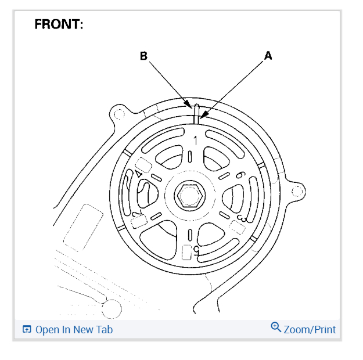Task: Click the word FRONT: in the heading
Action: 59,24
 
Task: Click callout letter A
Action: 268,56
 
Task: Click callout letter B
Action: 144,56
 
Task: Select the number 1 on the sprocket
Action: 196,140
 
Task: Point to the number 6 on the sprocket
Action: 239,175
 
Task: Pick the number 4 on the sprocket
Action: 138,173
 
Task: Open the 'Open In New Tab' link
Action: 74,330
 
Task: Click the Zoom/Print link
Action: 310,330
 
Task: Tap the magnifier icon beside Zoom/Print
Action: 276,327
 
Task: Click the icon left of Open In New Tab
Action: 27,330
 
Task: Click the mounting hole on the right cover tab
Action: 297,189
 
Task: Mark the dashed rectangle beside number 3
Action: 236,226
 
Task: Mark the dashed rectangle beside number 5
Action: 187,252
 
